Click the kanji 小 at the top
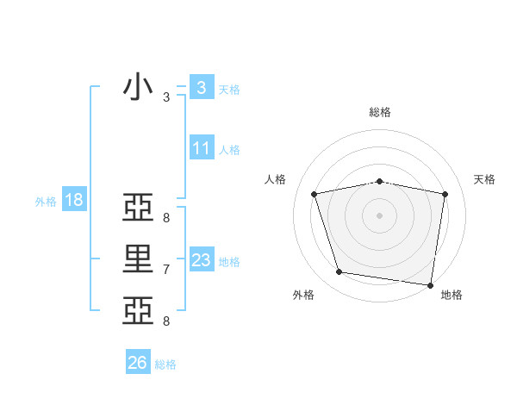point(138,88)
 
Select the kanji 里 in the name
point(138,259)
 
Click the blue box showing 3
point(201,87)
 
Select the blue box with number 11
point(201,147)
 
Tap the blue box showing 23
point(201,259)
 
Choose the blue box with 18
point(73,200)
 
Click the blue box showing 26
point(137,363)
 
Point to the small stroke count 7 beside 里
point(166,270)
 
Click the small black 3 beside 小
point(166,97)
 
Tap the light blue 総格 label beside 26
point(165,364)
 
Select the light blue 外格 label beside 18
point(46,202)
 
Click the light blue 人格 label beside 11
point(229,150)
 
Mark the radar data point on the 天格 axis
point(445,194)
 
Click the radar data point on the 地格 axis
point(430,284)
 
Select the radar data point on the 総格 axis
point(379,181)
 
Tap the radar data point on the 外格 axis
point(339,272)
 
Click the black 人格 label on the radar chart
point(275,179)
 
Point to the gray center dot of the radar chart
point(379,215)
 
